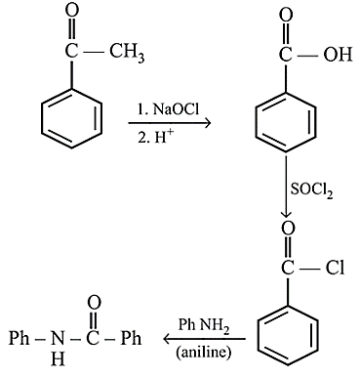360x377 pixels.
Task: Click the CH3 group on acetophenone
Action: (127, 53)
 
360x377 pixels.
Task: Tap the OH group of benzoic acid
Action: (338, 54)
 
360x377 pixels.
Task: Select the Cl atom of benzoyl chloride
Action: (335, 268)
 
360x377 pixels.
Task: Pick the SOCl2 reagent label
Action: (311, 189)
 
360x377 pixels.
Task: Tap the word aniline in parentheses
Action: (204, 353)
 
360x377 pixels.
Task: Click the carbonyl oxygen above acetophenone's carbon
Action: (71, 12)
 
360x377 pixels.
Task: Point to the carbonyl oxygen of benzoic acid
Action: (286, 15)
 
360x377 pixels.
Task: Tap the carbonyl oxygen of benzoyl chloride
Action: (288, 229)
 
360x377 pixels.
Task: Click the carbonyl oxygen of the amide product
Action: (94, 303)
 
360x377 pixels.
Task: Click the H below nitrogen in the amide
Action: (58, 359)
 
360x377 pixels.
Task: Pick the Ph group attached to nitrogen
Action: (20, 338)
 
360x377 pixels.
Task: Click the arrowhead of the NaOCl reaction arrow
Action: (208, 123)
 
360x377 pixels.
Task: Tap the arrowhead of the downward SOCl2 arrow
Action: (286, 215)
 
